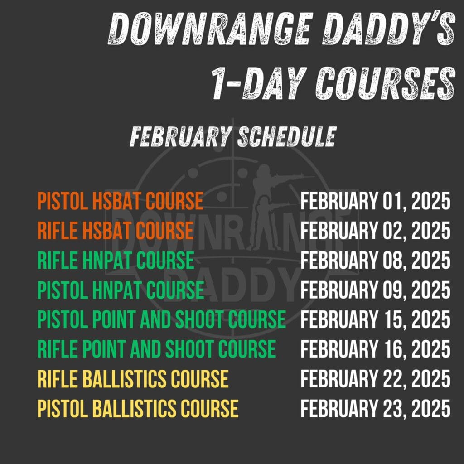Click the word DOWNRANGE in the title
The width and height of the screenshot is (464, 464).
pos(210,29)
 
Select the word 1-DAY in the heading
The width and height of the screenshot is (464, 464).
pos(259,83)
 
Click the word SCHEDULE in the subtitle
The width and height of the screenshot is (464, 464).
pos(287,137)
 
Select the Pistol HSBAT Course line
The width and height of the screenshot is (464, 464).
pos(121,201)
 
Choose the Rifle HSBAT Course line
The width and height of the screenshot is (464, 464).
pos(116,231)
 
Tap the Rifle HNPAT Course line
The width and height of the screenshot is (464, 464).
pos(116,260)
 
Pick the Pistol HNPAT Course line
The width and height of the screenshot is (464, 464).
pos(121,290)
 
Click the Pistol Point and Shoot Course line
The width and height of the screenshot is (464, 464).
pos(162,319)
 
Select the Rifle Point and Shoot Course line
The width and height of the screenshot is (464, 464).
pos(156,349)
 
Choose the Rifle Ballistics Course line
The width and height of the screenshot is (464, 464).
pos(133,379)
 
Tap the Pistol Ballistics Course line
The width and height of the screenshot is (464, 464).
pos(138,408)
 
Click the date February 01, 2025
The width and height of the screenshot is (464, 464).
pos(376,201)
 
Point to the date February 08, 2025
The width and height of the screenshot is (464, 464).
pos(376,261)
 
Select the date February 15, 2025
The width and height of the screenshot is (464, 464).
pos(376,319)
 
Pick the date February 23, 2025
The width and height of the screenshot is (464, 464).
pos(376,409)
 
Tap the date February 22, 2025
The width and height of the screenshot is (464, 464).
pos(376,379)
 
